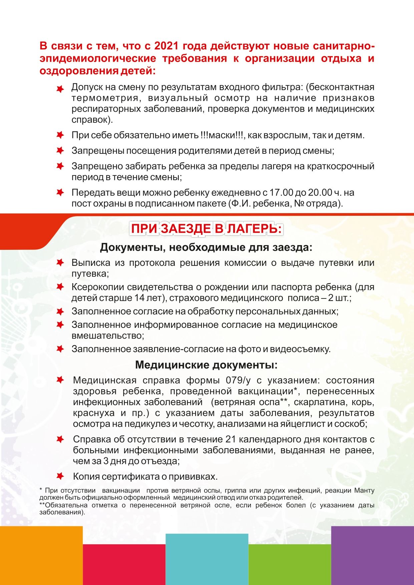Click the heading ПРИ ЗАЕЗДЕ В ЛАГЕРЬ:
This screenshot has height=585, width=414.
[206, 229]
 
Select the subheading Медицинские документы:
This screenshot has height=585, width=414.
[206, 365]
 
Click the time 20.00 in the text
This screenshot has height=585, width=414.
[320, 192]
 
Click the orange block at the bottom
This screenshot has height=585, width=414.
[41, 555]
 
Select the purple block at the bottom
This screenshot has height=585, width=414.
[372, 555]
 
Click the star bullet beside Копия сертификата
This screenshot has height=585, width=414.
[60, 476]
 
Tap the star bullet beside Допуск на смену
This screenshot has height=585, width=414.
[60, 89]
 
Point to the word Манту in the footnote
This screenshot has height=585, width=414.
[364, 491]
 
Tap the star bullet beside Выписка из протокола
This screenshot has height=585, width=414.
[60, 263]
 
